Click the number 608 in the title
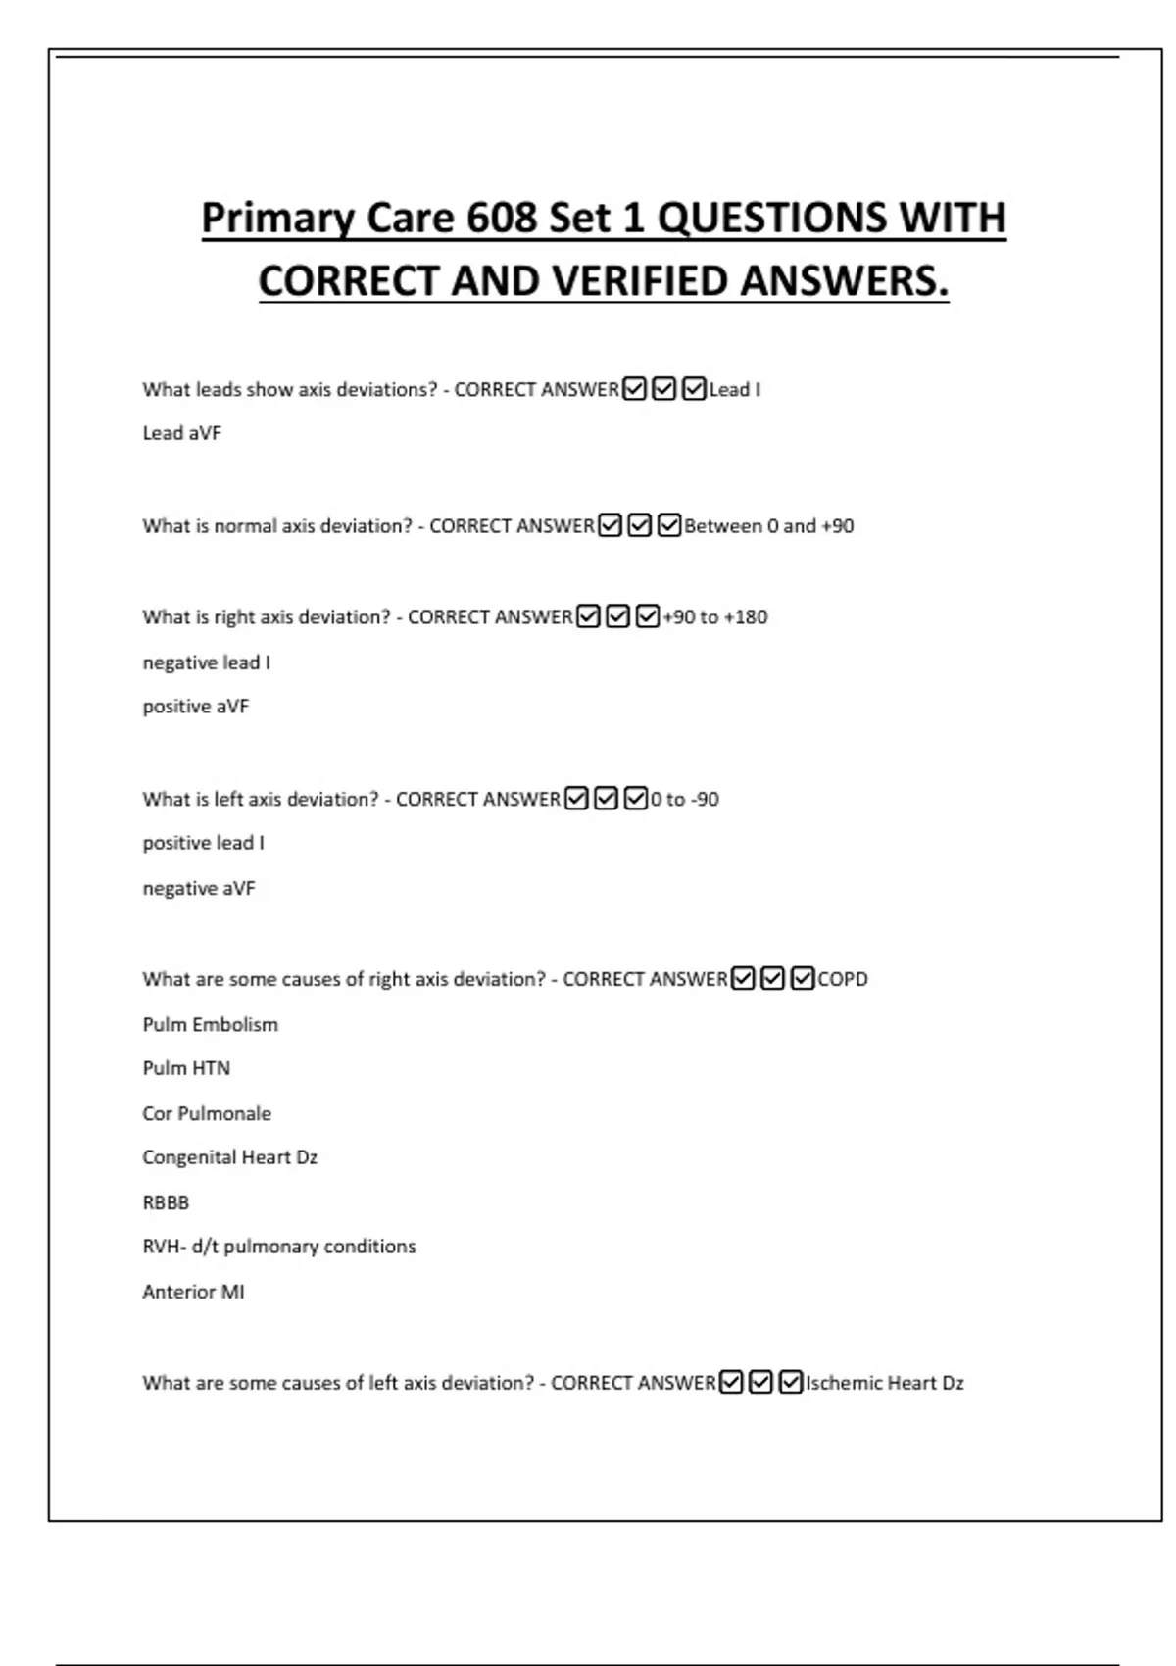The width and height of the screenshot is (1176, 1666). pos(501,218)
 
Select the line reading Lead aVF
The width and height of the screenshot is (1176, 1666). pos(182,433)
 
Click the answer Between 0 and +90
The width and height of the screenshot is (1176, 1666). pos(769,526)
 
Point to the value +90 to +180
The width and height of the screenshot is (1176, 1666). pos(715,617)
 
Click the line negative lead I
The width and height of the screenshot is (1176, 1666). pos(207,662)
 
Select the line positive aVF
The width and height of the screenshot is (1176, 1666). pos(196,707)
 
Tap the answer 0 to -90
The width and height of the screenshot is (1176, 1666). pos(685,800)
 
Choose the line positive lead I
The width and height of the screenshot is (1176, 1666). pos(204,843)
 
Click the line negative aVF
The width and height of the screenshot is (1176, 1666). pos(199,889)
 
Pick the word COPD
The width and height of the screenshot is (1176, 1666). pos(843,979)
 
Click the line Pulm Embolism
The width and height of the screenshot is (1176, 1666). pos(211,1025)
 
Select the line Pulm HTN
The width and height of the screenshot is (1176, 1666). pos(186,1068)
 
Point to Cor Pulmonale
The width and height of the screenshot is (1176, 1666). pos(207,1114)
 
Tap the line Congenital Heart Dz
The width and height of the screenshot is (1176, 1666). pos(230,1157)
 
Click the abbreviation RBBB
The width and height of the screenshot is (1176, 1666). pos(166,1202)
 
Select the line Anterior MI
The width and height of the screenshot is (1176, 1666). pos(194,1292)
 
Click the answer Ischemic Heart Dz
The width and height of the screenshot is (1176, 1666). pos(885,1383)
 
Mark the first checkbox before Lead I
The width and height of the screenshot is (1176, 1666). pos(635,389)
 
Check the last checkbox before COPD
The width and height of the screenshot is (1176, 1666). pos(803,978)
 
